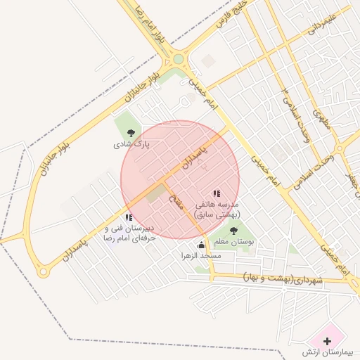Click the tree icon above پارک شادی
(130, 131)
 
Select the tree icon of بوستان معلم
(233, 230)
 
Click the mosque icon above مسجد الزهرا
(202, 245)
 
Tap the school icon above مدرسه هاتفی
(217, 193)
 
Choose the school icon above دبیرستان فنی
(128, 218)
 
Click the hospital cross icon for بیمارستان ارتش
(326, 340)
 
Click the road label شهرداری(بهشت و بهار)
(281, 279)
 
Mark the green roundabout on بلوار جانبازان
(179, 59)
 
